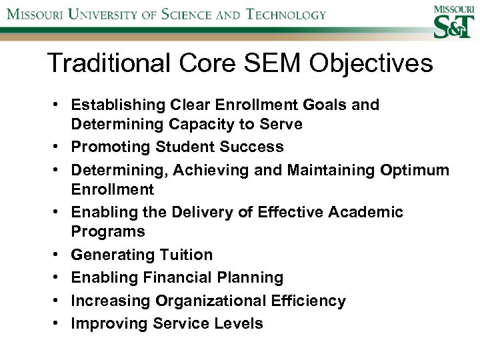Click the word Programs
pos(108,232)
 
